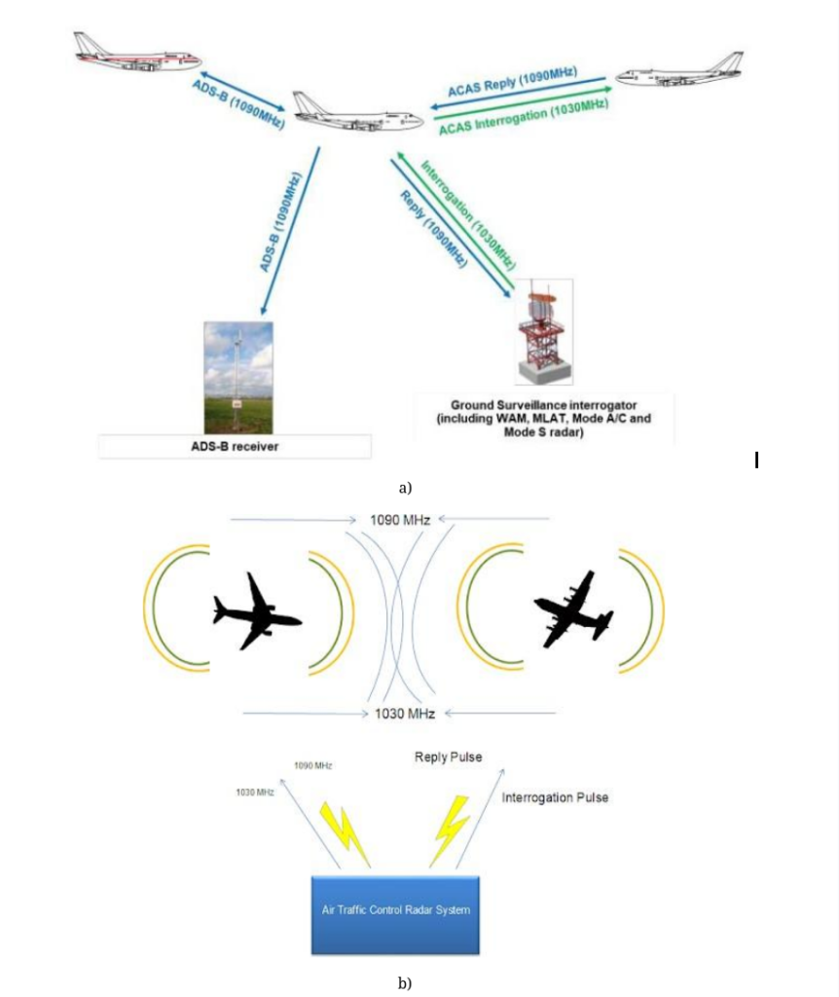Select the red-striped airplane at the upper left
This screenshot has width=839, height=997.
tap(135, 54)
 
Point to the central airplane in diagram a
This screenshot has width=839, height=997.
tap(356, 116)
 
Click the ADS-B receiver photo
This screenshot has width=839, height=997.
tap(238, 377)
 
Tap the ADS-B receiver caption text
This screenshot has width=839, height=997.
tap(235, 447)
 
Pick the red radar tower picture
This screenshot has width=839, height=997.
tap(543, 332)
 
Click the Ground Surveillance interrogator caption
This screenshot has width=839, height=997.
tap(543, 419)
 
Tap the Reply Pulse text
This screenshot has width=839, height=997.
tap(448, 757)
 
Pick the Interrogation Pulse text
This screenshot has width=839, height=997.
tap(555, 797)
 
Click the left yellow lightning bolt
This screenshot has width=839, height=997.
tap(346, 832)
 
